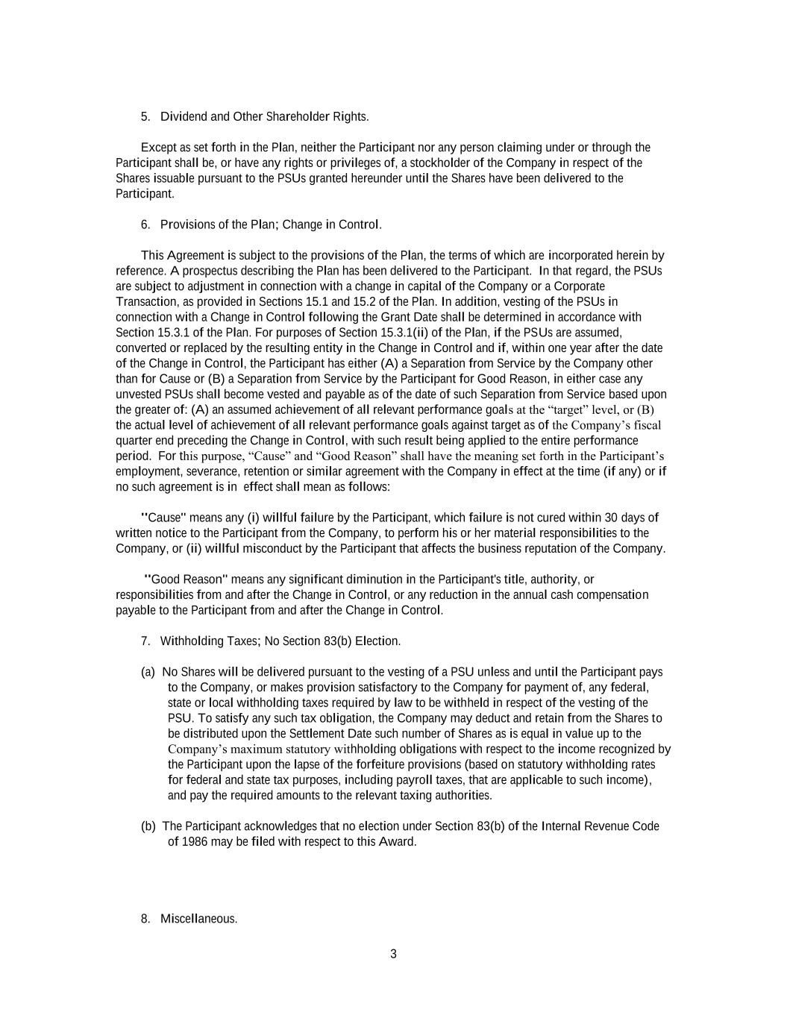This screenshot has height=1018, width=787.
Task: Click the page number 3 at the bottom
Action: point(393,954)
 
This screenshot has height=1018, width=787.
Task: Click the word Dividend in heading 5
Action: point(184,116)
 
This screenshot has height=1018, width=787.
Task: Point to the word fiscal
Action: point(645,425)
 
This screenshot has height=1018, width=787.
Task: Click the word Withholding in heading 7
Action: point(192,641)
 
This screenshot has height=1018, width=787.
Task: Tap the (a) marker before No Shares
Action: point(148,672)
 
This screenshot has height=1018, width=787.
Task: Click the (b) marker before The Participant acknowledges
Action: point(148,826)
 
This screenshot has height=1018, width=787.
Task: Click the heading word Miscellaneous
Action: point(198,919)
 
